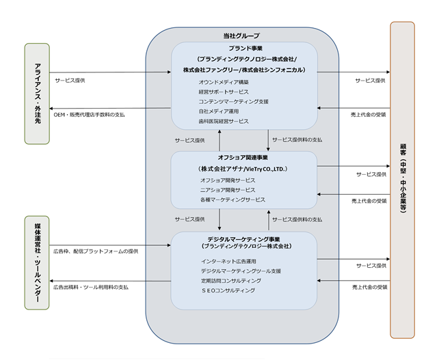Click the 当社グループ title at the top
coord(241,36)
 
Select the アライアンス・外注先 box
coord(37,94)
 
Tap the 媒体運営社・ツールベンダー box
coord(37,263)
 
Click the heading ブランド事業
coord(245,49)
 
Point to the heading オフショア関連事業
coord(243,158)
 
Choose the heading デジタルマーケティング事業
coord(243,239)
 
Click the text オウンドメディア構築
coord(224,82)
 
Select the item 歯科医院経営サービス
coord(224,121)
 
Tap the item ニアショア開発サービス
coord(228,190)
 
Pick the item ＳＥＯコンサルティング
coord(228,290)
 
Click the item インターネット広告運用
coord(228,261)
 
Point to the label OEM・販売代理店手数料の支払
coord(90,115)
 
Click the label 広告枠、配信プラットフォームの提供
coord(96,251)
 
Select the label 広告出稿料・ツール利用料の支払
coord(91,287)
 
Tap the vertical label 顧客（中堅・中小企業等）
coord(403,178)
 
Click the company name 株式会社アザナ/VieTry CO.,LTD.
coord(243,169)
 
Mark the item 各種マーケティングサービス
coord(232,199)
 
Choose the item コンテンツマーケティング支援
coord(233,102)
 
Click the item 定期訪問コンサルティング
coord(231,281)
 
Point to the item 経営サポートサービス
coord(224,92)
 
